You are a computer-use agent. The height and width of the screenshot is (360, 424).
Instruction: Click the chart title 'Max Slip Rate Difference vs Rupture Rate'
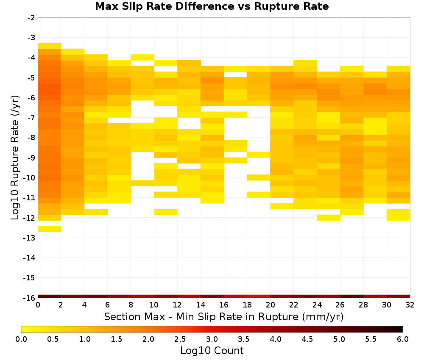212,6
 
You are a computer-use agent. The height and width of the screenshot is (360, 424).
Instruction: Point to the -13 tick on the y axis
29,238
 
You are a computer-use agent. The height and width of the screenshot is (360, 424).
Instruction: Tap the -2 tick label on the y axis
31,18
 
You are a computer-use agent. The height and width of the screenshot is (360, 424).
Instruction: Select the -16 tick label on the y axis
29,298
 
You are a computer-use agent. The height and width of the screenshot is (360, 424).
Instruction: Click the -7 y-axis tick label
31,118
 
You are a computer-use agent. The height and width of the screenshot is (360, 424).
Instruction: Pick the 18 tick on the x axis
247,305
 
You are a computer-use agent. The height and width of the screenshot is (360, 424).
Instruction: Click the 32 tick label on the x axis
410,305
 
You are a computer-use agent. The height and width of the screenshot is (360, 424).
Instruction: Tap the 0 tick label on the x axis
38,305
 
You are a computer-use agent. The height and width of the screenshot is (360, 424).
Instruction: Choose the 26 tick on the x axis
340,305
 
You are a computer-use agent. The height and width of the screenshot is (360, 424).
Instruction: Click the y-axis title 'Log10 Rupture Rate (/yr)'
15,158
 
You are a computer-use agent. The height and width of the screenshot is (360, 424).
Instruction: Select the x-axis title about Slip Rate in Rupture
224,316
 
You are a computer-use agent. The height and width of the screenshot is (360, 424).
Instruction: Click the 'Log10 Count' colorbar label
212,351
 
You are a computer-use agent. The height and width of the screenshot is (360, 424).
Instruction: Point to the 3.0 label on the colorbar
212,339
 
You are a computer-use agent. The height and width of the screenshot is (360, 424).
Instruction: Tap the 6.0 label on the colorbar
403,339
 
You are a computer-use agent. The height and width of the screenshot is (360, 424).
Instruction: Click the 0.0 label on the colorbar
21,339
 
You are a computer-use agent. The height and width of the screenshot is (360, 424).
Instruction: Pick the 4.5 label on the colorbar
307,339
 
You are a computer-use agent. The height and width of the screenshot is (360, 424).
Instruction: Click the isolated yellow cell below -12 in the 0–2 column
50,229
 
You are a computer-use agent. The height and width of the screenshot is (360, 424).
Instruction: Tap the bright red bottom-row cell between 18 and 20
259,296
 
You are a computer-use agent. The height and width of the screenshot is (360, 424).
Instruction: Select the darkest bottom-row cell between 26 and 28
352,296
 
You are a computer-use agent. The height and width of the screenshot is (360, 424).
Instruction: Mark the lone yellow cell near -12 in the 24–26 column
329,218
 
